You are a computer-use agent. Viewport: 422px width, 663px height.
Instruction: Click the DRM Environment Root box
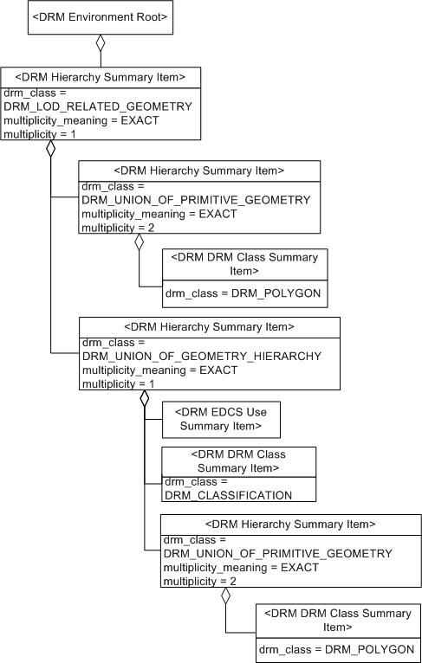coord(101,17)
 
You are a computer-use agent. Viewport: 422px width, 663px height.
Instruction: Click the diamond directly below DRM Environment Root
coord(101,44)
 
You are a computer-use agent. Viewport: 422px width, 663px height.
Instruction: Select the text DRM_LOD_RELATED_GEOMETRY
coord(97,106)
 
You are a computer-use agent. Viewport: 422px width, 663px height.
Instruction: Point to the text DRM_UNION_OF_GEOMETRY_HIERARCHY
coord(201,356)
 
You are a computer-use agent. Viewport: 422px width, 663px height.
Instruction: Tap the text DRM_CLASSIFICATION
coord(228,495)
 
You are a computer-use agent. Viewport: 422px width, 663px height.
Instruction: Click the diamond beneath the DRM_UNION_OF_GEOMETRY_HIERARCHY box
coord(145,400)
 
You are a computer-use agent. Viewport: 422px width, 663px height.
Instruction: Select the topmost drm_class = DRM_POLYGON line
coord(243,294)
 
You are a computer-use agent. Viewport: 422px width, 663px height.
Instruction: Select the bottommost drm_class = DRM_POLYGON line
coord(337,648)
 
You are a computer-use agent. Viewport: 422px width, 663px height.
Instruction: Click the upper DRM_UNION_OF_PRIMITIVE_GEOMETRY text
coord(196,200)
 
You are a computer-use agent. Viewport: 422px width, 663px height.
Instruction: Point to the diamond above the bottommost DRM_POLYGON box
coord(226,596)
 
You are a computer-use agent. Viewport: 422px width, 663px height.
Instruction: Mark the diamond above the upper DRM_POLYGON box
coord(138,243)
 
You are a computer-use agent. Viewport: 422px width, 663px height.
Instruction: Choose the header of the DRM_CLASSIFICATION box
coord(238,461)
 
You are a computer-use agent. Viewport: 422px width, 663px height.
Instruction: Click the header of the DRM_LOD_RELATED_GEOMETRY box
coord(101,77)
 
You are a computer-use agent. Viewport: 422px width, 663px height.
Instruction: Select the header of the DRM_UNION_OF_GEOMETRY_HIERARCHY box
coord(210,326)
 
